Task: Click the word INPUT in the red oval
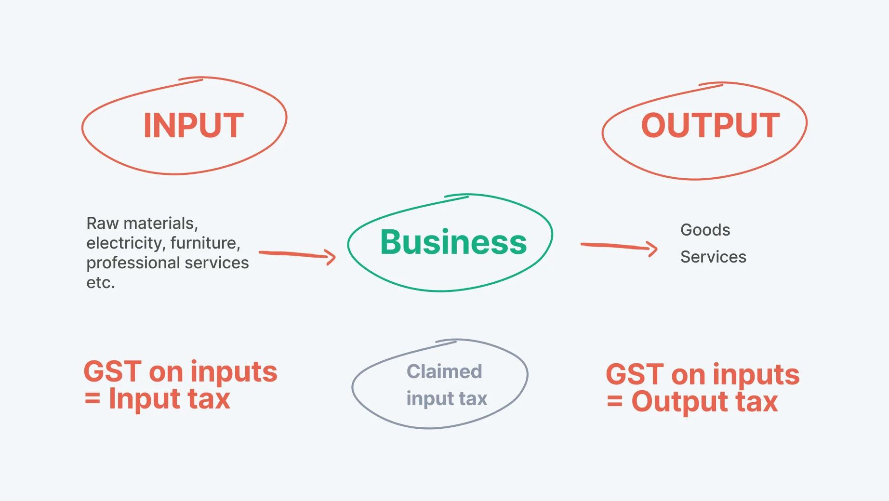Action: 194,125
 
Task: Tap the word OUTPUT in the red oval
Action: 710,125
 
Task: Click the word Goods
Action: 705,230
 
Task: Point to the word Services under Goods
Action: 713,257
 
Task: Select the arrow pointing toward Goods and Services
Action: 620,247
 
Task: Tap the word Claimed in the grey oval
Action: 444,371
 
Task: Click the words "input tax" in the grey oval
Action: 447,398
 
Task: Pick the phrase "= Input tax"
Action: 158,399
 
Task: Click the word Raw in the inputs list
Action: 103,223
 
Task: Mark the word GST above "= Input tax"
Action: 113,372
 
